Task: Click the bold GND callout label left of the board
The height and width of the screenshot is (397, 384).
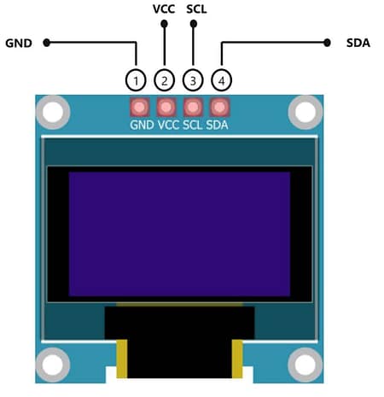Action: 19,42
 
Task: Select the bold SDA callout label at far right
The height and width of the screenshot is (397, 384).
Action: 358,42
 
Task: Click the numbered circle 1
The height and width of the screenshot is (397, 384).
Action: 136,80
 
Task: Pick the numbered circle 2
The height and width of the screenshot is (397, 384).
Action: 164,80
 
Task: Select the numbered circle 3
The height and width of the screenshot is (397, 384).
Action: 193,80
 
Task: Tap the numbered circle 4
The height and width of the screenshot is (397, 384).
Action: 221,80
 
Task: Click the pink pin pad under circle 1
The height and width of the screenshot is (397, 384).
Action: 138,108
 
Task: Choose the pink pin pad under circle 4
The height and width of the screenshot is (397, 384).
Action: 220,108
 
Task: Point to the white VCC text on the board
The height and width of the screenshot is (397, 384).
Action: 167,125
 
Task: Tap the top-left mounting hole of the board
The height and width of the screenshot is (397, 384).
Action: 54,111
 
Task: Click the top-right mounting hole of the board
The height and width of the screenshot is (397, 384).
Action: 305,111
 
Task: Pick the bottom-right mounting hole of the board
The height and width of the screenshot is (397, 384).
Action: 305,365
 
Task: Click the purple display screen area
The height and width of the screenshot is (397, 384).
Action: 179,233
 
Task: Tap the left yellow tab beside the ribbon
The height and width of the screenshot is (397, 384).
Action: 121,356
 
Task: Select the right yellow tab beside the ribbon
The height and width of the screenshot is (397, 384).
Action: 238,356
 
